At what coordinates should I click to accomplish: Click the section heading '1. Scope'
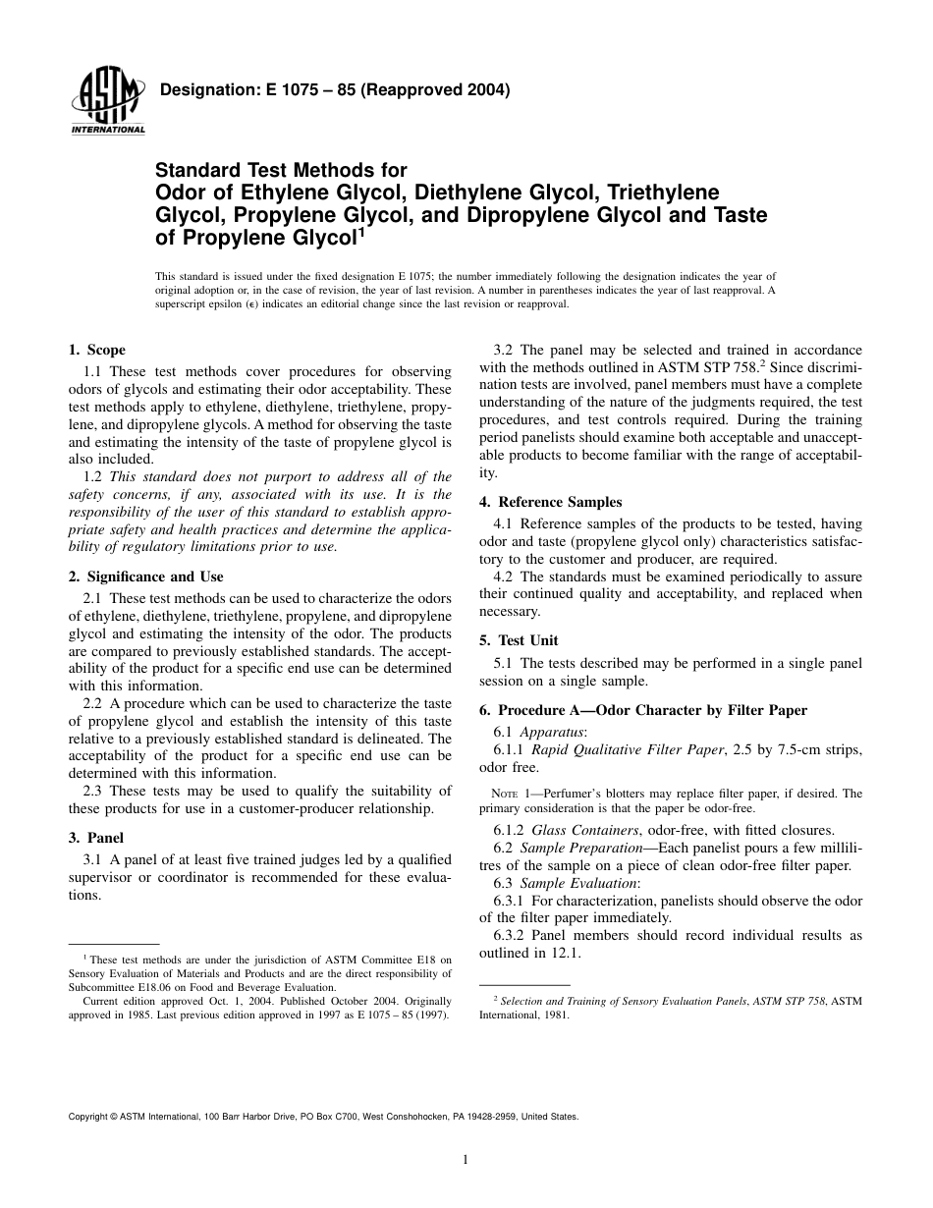[x=96, y=350]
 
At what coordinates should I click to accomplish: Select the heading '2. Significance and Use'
[x=145, y=577]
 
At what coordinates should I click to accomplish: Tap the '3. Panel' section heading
[x=95, y=838]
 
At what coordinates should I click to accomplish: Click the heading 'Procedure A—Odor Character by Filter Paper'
[x=652, y=710]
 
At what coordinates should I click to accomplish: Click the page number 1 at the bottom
[x=466, y=1159]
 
